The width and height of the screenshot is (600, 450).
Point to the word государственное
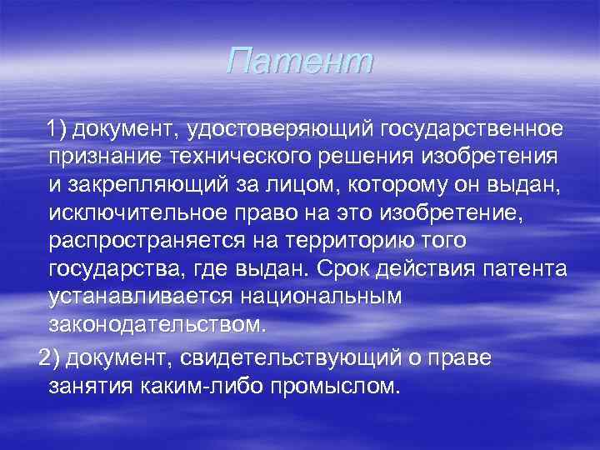coord(472,129)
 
